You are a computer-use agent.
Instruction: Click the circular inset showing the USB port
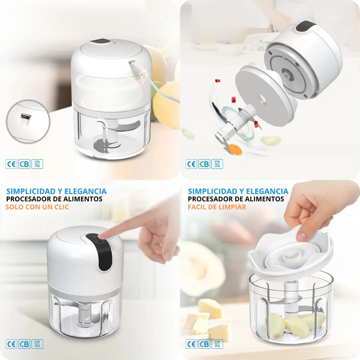pos(28,121)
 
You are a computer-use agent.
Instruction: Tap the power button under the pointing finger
pos(100,242)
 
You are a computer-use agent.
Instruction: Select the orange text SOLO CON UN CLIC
pos(37,207)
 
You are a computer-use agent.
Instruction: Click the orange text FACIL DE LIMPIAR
pos(217,207)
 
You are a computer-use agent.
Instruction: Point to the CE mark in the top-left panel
pos(11,164)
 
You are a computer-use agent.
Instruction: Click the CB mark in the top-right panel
pos(205,164)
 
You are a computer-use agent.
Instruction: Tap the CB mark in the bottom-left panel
pos(25,344)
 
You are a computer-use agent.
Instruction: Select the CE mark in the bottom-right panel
pos(191,344)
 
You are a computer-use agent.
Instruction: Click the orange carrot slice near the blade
pos(235,149)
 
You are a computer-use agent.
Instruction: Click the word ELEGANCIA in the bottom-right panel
pos(267,191)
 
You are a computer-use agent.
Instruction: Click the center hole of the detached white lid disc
pos(263,100)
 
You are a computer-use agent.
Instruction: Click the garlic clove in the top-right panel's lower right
pos(271,140)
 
